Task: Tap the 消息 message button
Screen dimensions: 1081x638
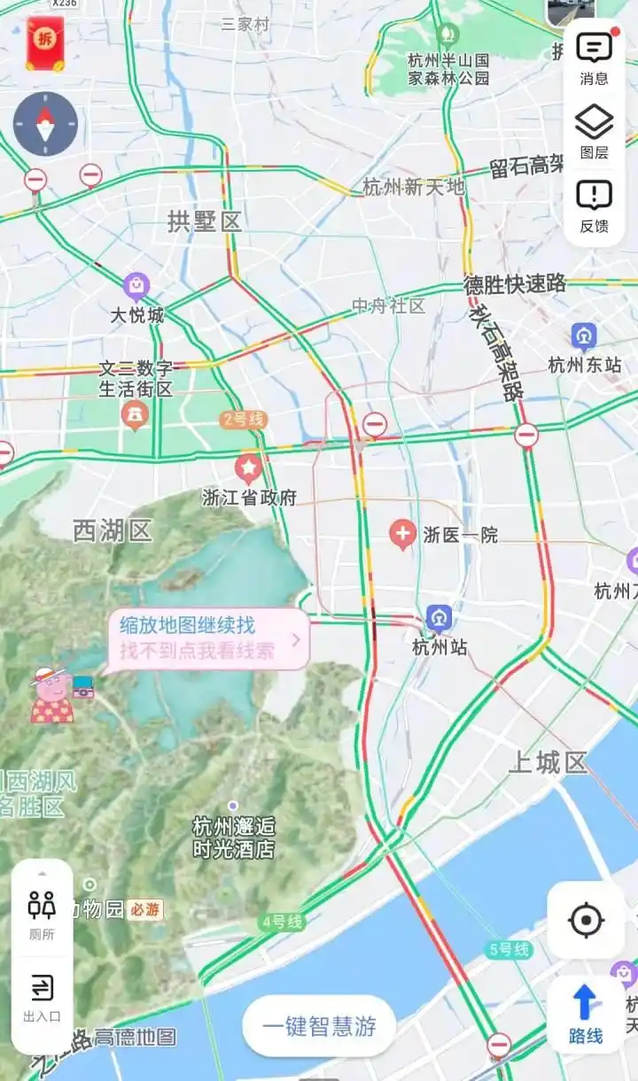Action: click(x=594, y=58)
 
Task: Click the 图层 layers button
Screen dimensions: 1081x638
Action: click(x=594, y=132)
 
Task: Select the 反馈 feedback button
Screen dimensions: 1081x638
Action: click(x=594, y=205)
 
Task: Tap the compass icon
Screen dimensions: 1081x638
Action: click(x=45, y=124)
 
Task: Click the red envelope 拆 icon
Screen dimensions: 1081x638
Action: click(x=44, y=43)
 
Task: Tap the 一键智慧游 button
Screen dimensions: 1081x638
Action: click(x=319, y=1026)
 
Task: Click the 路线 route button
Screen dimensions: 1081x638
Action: click(x=585, y=1014)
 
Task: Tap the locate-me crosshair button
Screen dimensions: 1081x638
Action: click(x=586, y=921)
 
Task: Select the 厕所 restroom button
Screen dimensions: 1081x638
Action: click(x=42, y=913)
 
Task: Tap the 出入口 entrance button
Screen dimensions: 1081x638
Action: click(x=42, y=996)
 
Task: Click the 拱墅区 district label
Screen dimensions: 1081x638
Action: click(x=205, y=221)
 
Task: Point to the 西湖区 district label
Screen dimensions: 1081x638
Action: click(x=113, y=530)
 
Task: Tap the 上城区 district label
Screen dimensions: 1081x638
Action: click(x=548, y=762)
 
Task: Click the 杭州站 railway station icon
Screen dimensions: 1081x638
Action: click(x=439, y=618)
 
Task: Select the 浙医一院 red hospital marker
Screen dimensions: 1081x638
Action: click(x=403, y=534)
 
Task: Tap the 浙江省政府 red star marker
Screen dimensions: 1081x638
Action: click(x=249, y=467)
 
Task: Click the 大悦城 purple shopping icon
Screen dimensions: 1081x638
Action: click(x=136, y=286)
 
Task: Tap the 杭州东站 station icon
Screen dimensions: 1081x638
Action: click(x=584, y=336)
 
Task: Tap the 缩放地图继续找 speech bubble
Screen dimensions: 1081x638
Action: click(x=209, y=638)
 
